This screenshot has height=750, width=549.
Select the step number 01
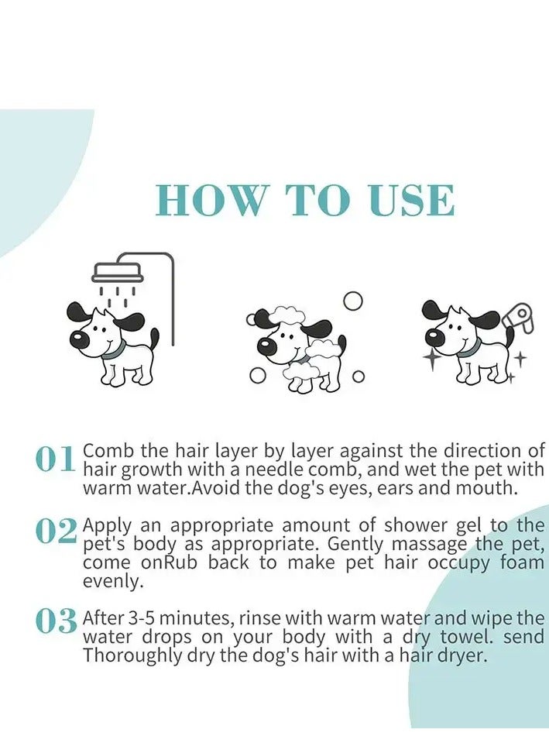pyautogui.click(x=56, y=459)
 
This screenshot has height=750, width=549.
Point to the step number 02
pyautogui.click(x=56, y=531)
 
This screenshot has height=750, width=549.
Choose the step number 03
pyautogui.click(x=56, y=621)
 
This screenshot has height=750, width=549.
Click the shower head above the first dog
pyautogui.click(x=118, y=273)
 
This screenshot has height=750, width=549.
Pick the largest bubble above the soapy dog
pyautogui.click(x=353, y=301)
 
